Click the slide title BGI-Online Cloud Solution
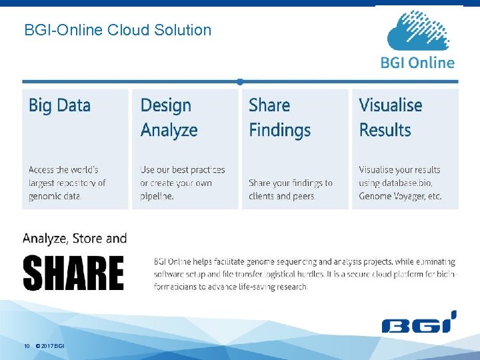click(x=117, y=30)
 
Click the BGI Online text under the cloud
click(x=418, y=63)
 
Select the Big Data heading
click(x=59, y=105)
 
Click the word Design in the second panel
click(x=165, y=105)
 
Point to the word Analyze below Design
click(x=169, y=130)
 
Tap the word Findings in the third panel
click(x=279, y=130)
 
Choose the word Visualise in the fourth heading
click(x=390, y=105)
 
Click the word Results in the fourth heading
click(x=385, y=130)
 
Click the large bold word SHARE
click(x=73, y=273)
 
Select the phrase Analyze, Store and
click(x=74, y=238)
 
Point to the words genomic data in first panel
click(x=55, y=196)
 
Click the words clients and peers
click(x=282, y=196)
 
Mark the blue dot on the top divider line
click(x=239, y=82)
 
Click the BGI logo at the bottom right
click(x=419, y=323)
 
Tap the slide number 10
click(x=27, y=346)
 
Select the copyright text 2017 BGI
click(x=53, y=346)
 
